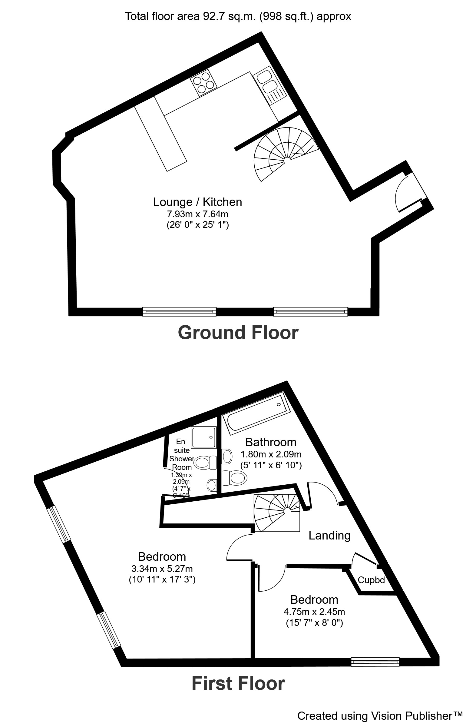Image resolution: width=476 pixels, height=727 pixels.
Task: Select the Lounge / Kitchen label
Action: pos(197,202)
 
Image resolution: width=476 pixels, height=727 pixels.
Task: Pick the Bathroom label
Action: pos(270,442)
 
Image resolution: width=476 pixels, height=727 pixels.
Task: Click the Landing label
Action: pos(329,536)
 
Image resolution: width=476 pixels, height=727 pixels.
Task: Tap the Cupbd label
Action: pos(371,580)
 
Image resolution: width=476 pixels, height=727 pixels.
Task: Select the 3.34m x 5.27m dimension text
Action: pos(162,569)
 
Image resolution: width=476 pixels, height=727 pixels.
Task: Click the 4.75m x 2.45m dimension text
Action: pos(314,612)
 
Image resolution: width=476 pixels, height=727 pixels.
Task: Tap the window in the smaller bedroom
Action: pos(375,662)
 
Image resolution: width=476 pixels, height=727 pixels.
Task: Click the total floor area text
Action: pos(238,16)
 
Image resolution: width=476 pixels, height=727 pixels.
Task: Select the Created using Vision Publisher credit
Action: pos(380,716)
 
